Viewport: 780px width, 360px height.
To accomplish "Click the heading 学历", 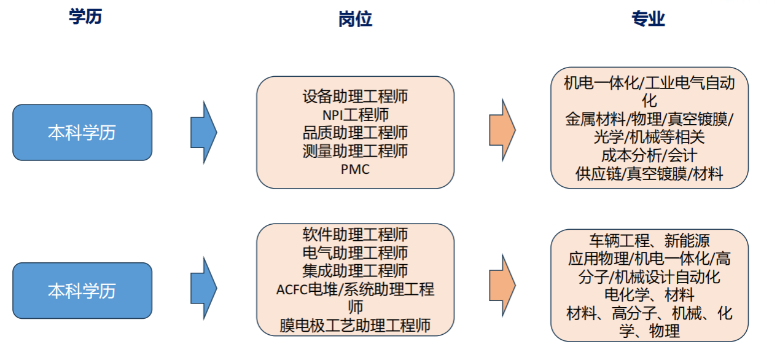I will point(85,17).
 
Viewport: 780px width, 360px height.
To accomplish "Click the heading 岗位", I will point(355,20).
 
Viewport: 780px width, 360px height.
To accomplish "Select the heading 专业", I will point(648,19).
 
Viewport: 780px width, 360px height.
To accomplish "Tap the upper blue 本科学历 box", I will point(82,133).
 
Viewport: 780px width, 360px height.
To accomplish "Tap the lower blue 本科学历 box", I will point(82,291).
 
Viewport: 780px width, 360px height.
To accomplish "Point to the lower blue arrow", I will point(203,287).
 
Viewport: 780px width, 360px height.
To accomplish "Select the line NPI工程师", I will point(355,115).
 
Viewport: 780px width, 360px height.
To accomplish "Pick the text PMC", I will point(355,169).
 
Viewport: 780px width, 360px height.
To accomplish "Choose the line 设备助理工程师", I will point(355,96).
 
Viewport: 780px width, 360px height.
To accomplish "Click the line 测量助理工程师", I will point(355,151).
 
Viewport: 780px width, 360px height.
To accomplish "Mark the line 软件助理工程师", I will point(355,235).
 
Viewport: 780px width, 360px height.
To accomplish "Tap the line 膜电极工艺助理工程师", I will point(355,325).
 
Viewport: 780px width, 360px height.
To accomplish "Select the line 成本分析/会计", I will point(649,155).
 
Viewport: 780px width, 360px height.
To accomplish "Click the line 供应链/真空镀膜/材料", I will point(649,174).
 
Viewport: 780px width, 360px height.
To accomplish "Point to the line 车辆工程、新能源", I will point(649,240).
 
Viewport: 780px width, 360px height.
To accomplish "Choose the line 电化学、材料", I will point(649,295).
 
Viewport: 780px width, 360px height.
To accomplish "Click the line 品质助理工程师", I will point(355,133).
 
